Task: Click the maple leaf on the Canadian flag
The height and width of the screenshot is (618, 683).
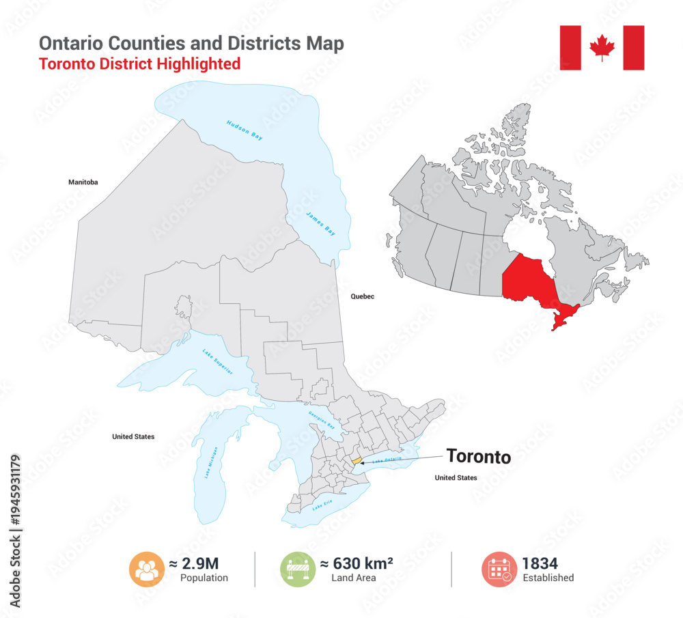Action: pos(602,48)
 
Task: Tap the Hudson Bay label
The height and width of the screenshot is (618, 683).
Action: pos(245,130)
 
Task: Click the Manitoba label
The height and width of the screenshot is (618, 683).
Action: pos(83,182)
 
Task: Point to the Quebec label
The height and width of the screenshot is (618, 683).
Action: pos(363,297)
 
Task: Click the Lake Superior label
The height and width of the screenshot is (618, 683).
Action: pos(217,361)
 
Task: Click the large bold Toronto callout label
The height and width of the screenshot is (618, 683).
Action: pos(478,456)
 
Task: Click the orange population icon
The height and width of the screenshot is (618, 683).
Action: pos(146,570)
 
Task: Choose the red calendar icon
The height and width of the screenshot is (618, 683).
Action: pos(499,570)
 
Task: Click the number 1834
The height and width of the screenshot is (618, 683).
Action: pos(540,563)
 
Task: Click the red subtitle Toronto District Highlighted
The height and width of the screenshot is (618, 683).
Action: pos(139,64)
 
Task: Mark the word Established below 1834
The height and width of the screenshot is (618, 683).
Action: pos(548,578)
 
